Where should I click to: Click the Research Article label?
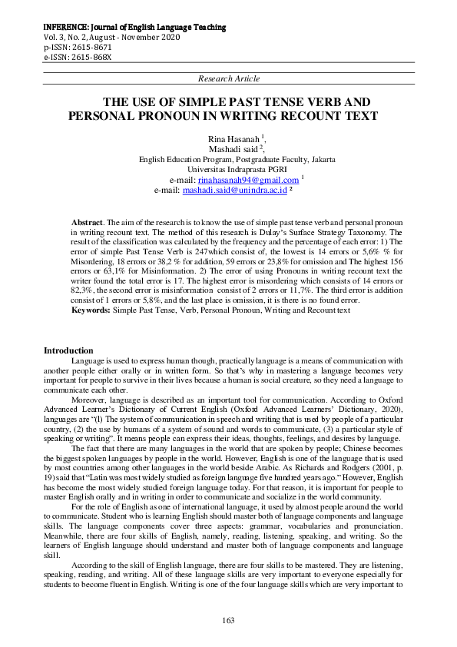pos(228,78)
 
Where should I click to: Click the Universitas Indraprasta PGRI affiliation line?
pos(228,169)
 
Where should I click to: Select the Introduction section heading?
pos(68,350)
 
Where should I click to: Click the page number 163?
pos(228,619)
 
